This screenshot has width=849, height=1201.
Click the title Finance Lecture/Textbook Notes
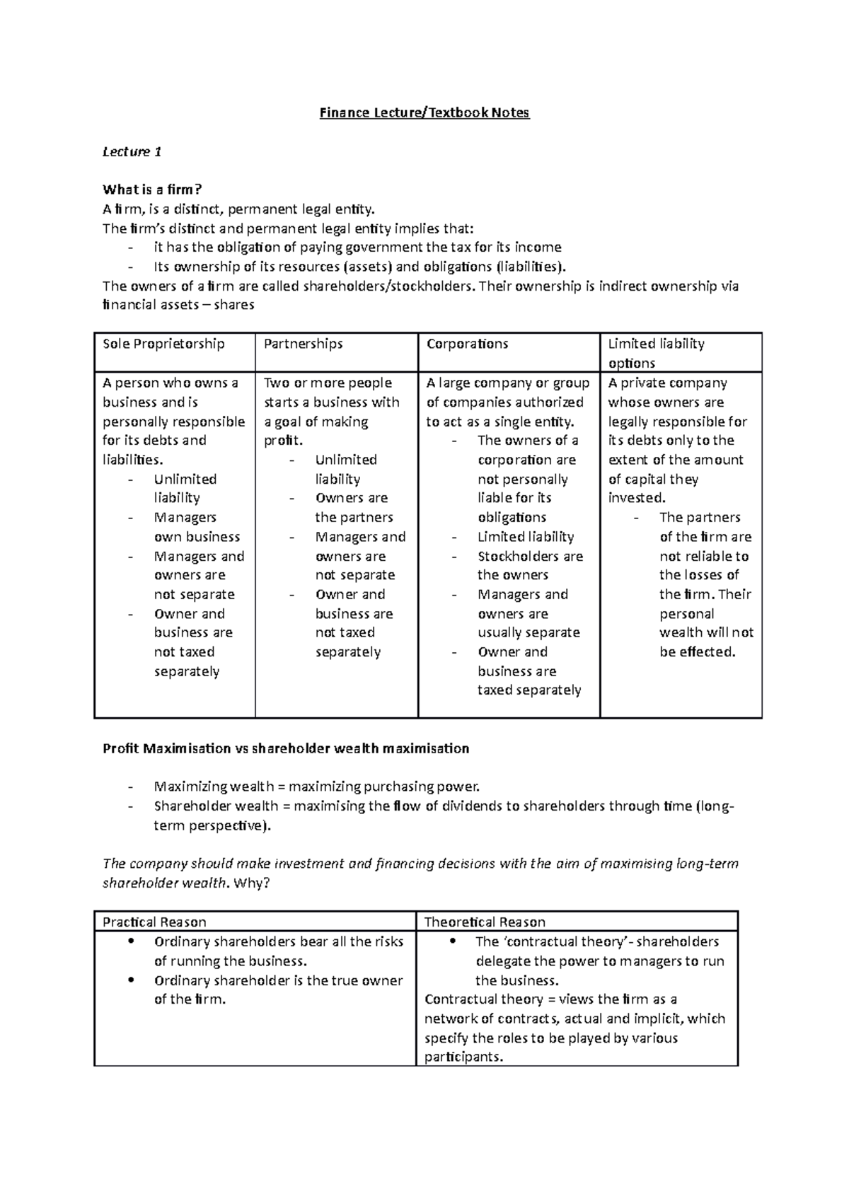tap(424, 112)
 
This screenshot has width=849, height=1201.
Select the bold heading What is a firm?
tap(152, 190)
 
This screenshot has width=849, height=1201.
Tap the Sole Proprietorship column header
tap(163, 344)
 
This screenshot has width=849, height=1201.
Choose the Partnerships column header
tap(303, 344)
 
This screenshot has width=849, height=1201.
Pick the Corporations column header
tap(467, 344)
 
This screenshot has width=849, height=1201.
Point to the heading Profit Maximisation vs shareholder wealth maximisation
tap(286, 748)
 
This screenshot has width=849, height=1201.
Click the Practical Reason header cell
tap(154, 922)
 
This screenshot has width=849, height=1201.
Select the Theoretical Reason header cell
tap(485, 922)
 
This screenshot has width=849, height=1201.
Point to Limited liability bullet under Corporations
tap(526, 537)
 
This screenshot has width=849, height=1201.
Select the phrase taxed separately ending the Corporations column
tap(529, 690)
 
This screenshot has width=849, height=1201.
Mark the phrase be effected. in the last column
tap(697, 652)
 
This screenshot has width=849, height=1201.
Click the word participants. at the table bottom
tap(463, 1057)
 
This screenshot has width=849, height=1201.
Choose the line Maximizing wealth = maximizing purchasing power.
tap(316, 787)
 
